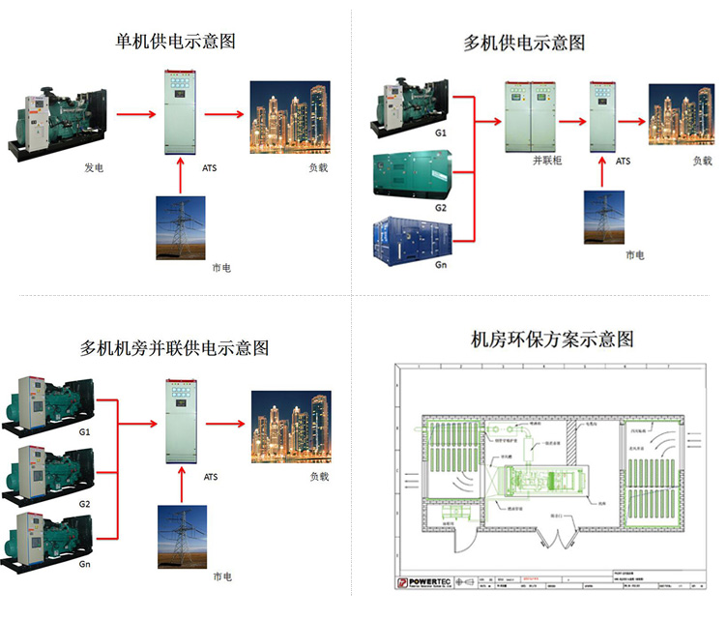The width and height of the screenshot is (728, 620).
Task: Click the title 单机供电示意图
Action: click(175, 42)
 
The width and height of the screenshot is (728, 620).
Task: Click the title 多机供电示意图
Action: click(524, 44)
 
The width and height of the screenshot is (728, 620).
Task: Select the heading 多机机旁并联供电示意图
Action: click(174, 347)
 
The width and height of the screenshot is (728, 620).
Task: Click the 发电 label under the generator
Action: click(94, 168)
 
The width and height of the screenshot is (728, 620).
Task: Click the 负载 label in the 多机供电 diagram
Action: click(701, 161)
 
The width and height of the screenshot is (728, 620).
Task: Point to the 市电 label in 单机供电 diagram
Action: click(221, 268)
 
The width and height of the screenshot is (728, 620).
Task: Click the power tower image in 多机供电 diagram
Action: click(603, 218)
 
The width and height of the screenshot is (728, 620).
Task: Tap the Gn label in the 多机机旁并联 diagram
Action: click(84, 563)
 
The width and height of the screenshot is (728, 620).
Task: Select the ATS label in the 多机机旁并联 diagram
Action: click(211, 477)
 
